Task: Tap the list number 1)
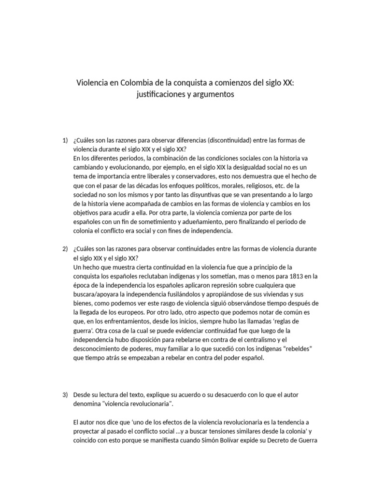coord(65,140)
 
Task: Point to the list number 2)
coord(65,248)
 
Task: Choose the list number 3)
coord(65,395)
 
